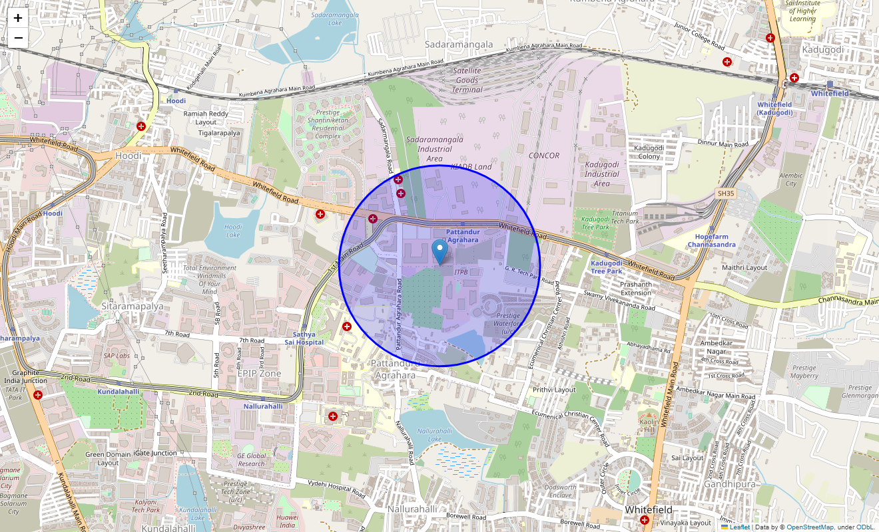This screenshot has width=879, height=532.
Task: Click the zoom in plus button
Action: click(x=18, y=18)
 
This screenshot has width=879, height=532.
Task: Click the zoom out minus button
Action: click(x=18, y=38)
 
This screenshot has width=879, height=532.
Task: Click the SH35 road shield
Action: click(x=725, y=193)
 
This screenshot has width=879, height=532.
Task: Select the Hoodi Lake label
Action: click(x=233, y=231)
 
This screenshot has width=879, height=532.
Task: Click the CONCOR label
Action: click(x=543, y=156)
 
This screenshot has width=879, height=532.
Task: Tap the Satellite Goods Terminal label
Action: click(x=467, y=80)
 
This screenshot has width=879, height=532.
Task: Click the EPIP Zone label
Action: click(x=259, y=374)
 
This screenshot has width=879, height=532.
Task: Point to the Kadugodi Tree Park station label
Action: click(x=606, y=267)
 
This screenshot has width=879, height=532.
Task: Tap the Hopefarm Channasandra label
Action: click(x=711, y=241)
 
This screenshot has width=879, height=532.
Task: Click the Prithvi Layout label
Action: click(x=554, y=390)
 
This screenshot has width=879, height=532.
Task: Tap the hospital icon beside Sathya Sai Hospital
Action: click(x=347, y=327)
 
